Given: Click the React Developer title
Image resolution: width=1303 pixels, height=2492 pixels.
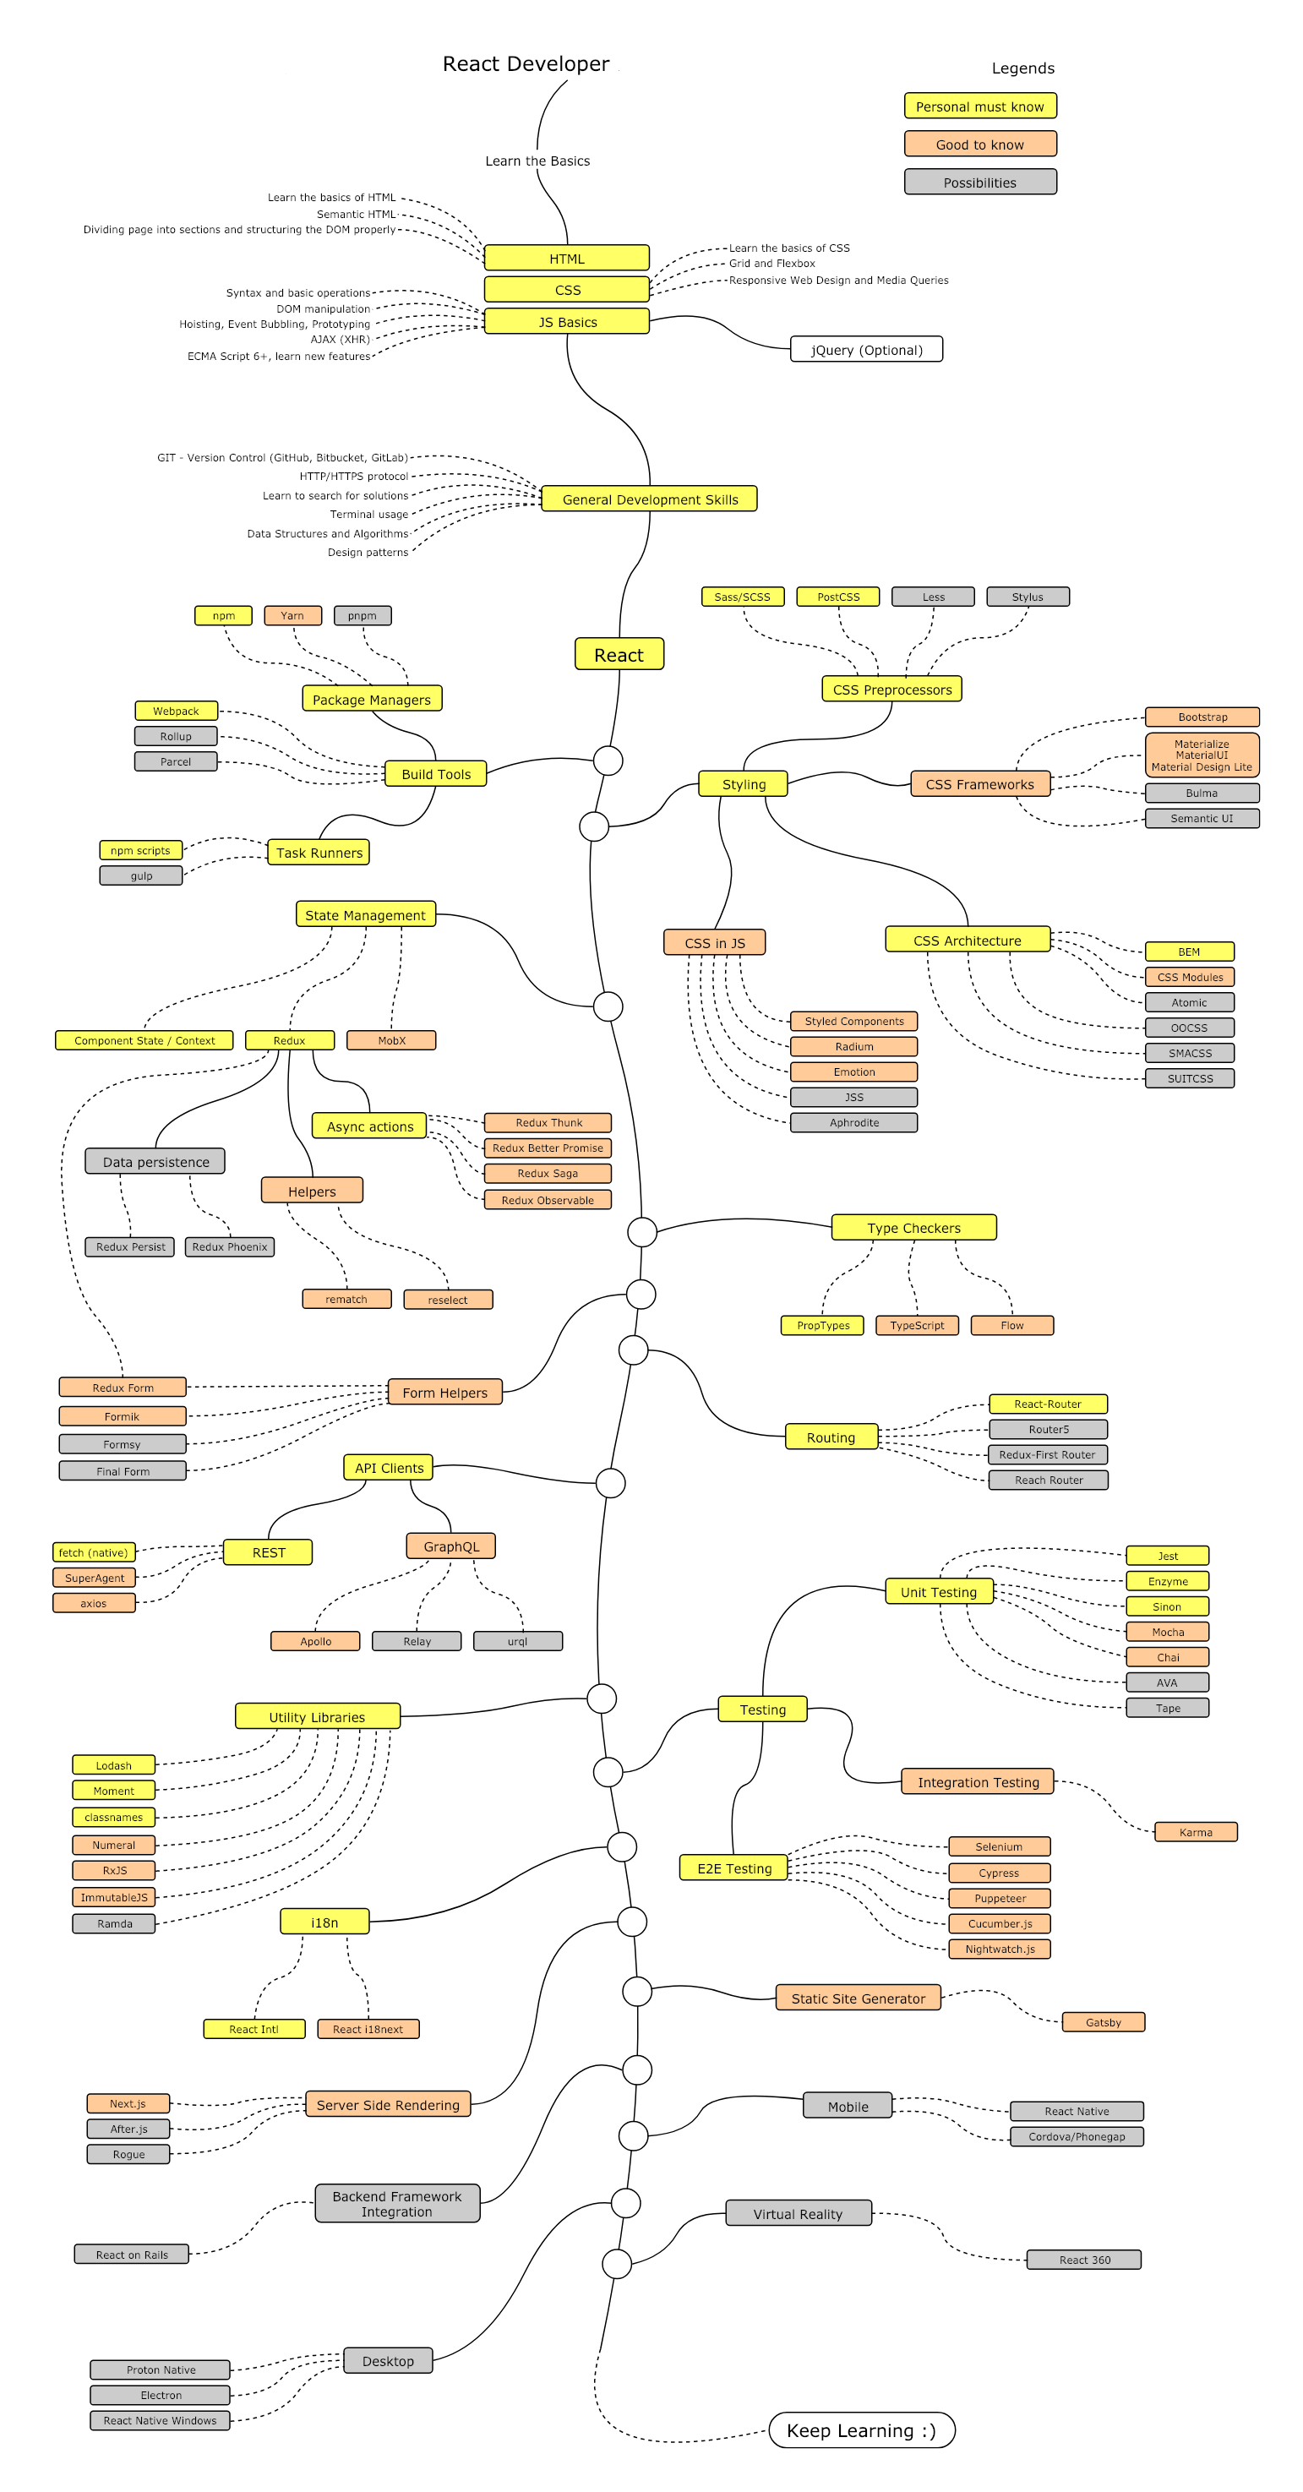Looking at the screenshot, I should pyautogui.click(x=526, y=64).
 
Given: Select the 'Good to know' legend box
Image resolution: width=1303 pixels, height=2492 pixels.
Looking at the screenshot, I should pyautogui.click(x=979, y=145).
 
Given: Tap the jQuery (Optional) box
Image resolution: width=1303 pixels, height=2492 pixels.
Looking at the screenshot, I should pyautogui.click(x=866, y=349).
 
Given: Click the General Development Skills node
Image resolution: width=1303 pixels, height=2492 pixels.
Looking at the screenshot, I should pyautogui.click(x=649, y=499).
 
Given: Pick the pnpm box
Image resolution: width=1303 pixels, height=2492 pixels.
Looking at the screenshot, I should pyautogui.click(x=362, y=615).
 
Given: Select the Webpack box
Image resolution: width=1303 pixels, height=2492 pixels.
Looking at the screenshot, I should pyautogui.click(x=176, y=711).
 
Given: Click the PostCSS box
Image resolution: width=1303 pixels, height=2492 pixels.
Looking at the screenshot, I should pyautogui.click(x=837, y=597).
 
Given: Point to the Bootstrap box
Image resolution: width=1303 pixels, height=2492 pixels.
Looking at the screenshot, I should pyautogui.click(x=1202, y=717).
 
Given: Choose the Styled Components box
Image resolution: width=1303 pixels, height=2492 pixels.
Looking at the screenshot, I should pyautogui.click(x=853, y=1021).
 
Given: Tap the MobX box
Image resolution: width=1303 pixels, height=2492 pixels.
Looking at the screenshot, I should pyautogui.click(x=392, y=1040).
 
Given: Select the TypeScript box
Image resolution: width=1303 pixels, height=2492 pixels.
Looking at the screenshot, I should pyautogui.click(x=916, y=1325).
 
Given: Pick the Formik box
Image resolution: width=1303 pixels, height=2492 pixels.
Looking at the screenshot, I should pyautogui.click(x=122, y=1416).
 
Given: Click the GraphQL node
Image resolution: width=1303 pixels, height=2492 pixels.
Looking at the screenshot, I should pyautogui.click(x=450, y=1546).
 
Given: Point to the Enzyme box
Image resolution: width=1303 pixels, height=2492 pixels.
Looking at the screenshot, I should pyautogui.click(x=1167, y=1581).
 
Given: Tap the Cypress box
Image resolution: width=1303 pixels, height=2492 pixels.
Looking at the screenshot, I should pyautogui.click(x=998, y=1873).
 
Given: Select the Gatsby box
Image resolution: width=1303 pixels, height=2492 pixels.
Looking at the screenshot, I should pyautogui.click(x=1103, y=2022).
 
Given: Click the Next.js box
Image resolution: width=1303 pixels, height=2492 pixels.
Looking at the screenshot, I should pyautogui.click(x=128, y=2103).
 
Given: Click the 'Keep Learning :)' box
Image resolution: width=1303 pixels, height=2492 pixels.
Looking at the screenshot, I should pyautogui.click(x=861, y=2431).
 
